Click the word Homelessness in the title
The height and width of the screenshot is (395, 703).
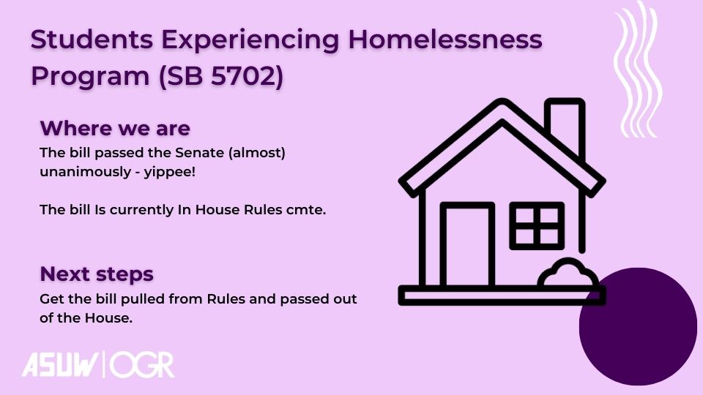[x=445, y=39]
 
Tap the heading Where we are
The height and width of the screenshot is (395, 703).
[x=115, y=129]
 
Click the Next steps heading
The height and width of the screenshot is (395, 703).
[x=97, y=274]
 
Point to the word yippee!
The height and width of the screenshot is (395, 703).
[x=169, y=173]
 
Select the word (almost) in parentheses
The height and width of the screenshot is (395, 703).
[x=257, y=153]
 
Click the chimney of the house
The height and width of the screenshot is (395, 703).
[x=565, y=127]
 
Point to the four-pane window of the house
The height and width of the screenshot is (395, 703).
[x=537, y=226]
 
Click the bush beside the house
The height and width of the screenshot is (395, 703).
[x=568, y=273]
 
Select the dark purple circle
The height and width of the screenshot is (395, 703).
[x=639, y=326]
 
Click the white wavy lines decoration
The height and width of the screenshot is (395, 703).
[x=637, y=69]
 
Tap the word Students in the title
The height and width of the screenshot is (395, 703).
[x=92, y=39]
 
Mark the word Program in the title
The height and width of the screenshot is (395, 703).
[x=90, y=77]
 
